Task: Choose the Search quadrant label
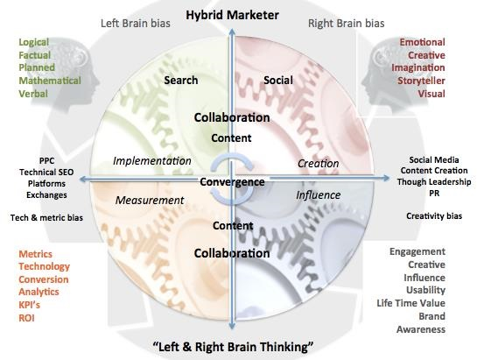tap(181, 81)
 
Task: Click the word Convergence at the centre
tap(231, 182)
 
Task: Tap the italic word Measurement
tap(150, 200)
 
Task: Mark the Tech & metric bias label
tap(46, 216)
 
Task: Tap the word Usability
tap(424, 290)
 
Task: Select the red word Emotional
tap(422, 42)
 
